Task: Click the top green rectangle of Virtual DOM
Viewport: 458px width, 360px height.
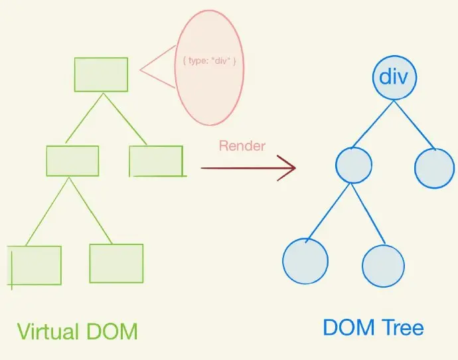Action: [101, 74]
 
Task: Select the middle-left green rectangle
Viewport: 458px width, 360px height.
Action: [72, 161]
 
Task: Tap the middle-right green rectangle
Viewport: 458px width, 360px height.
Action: [156, 161]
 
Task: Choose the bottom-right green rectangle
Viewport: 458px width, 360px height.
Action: [116, 263]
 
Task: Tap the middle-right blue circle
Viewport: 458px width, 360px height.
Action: [434, 168]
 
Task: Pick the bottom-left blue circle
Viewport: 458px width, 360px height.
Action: [305, 260]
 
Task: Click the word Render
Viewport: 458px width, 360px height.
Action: [242, 146]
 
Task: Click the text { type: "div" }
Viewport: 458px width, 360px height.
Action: [210, 61]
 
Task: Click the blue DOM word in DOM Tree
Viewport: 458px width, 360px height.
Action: [347, 327]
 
